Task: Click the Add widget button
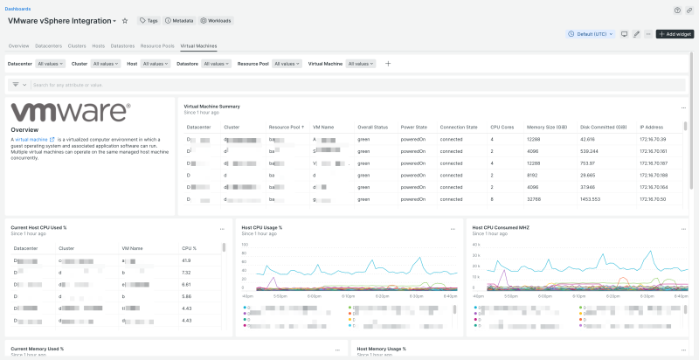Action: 675,34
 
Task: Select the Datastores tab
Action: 122,45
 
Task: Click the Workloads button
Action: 216,20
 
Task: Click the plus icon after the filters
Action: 388,64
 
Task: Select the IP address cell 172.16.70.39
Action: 653,139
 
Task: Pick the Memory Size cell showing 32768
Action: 533,199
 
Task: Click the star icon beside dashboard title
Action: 125,20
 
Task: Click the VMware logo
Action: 70,112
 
